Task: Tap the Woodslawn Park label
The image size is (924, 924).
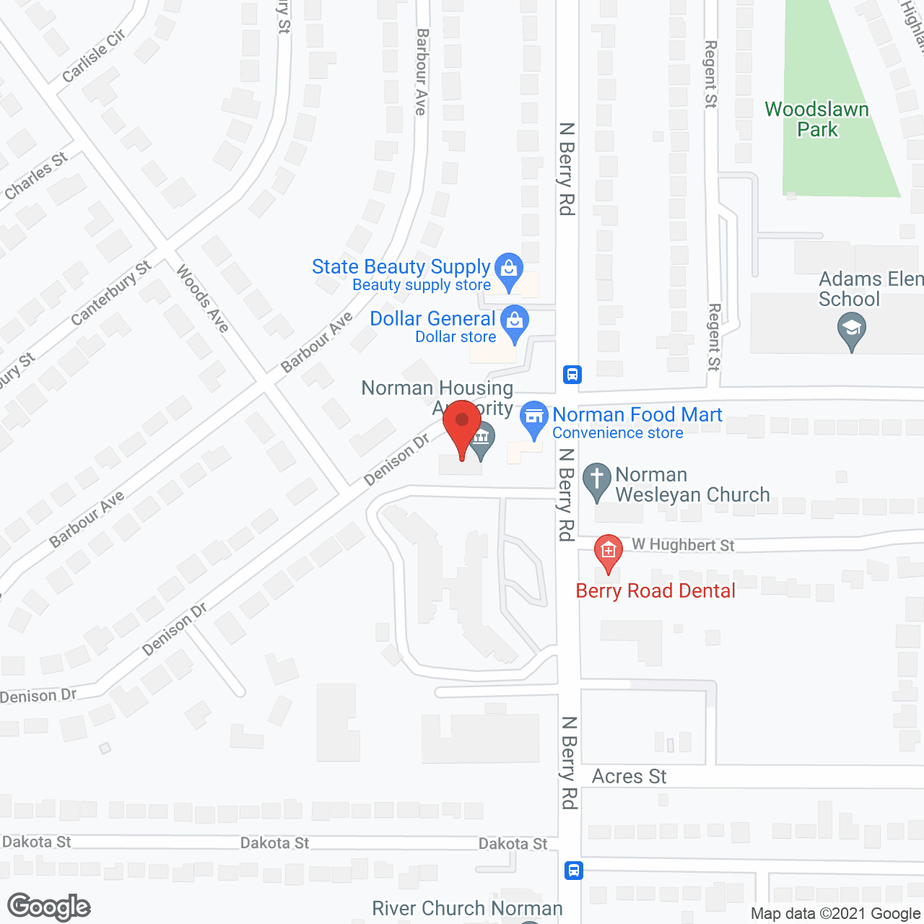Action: coord(816,120)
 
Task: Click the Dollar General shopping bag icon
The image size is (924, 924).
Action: coord(515,322)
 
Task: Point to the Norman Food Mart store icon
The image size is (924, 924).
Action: coord(534,418)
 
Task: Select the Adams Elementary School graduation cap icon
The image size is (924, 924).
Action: coord(852,331)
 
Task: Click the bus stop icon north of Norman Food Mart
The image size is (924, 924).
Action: coord(572,375)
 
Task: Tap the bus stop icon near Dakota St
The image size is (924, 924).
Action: coord(573,870)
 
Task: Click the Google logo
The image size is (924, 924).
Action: coord(48,907)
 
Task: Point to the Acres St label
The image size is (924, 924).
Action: coord(629,777)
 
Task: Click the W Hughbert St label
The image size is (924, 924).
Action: coord(683,545)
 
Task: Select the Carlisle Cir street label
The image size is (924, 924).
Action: coord(94,56)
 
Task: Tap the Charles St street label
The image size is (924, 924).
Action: coord(36,176)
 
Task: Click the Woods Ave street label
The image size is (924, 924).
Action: coord(203,299)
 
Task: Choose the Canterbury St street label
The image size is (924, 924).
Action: coord(111,293)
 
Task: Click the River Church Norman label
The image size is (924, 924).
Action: coord(467,908)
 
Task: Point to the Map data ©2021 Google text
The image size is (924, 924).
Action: coord(835,914)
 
